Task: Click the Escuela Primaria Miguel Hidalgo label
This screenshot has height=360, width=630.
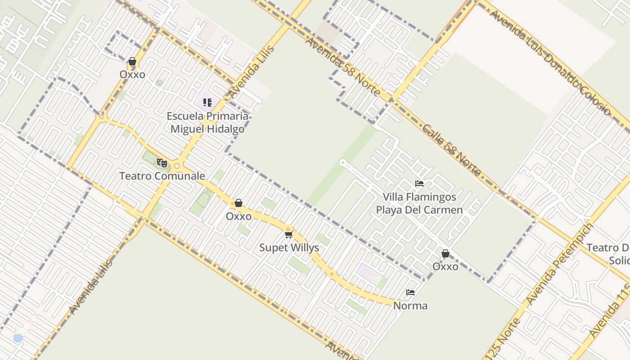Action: pos(207,122)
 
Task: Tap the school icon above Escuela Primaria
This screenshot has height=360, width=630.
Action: pos(207,103)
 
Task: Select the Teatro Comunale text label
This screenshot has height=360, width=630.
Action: pos(162,176)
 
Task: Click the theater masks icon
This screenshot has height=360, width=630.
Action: pos(162,163)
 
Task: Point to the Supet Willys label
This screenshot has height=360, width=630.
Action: pos(289,247)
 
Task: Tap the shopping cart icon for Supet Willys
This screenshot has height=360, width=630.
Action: pos(288,234)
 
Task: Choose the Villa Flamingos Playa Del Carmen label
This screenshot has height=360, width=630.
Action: pos(419,203)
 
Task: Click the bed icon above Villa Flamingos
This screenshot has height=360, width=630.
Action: pos(419,183)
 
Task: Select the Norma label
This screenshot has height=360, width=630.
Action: pos(410,306)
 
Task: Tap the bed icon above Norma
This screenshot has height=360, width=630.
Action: pos(410,292)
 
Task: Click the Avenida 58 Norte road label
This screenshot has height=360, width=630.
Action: pos(343,67)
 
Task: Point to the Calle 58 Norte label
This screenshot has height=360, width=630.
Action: pos(451,150)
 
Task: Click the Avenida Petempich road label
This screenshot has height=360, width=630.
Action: pos(559,263)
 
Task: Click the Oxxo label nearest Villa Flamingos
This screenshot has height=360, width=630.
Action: pos(445,266)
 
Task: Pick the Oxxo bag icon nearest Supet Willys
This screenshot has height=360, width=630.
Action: pos(238,203)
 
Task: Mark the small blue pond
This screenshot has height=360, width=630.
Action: pos(18,337)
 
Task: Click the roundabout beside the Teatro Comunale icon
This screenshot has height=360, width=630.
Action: pos(177,166)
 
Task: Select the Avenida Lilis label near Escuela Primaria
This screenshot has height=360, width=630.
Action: pos(251,72)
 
